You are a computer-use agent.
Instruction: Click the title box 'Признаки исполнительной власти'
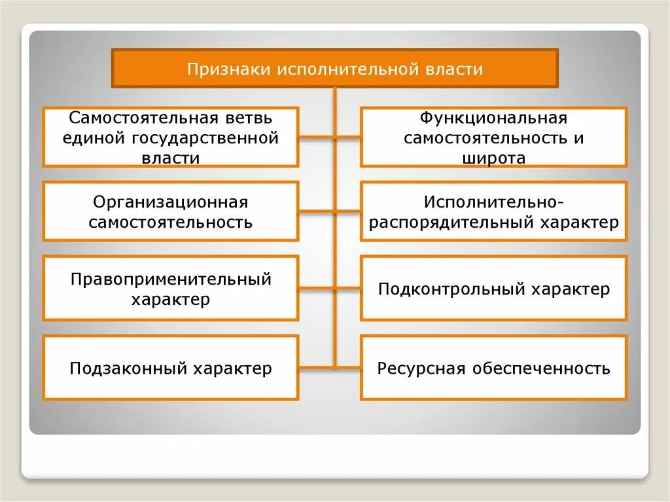[x=335, y=68]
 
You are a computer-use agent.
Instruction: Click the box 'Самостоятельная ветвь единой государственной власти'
[x=171, y=137]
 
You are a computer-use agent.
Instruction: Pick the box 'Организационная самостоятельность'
[x=171, y=211]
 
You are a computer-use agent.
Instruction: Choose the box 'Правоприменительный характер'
[x=171, y=289]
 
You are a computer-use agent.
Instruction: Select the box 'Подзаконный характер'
[x=171, y=368]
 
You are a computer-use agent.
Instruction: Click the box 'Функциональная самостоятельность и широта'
[x=493, y=137]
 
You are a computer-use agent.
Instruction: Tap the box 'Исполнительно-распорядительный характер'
[x=493, y=211]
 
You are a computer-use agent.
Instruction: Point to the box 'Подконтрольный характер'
[x=493, y=289]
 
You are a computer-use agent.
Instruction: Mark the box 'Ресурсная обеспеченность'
[x=493, y=368]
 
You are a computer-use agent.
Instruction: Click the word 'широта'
[x=493, y=158]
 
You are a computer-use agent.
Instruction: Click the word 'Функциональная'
[x=493, y=118]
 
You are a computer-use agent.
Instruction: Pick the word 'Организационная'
[x=171, y=202]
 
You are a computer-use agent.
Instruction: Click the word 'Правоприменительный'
[x=171, y=279]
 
